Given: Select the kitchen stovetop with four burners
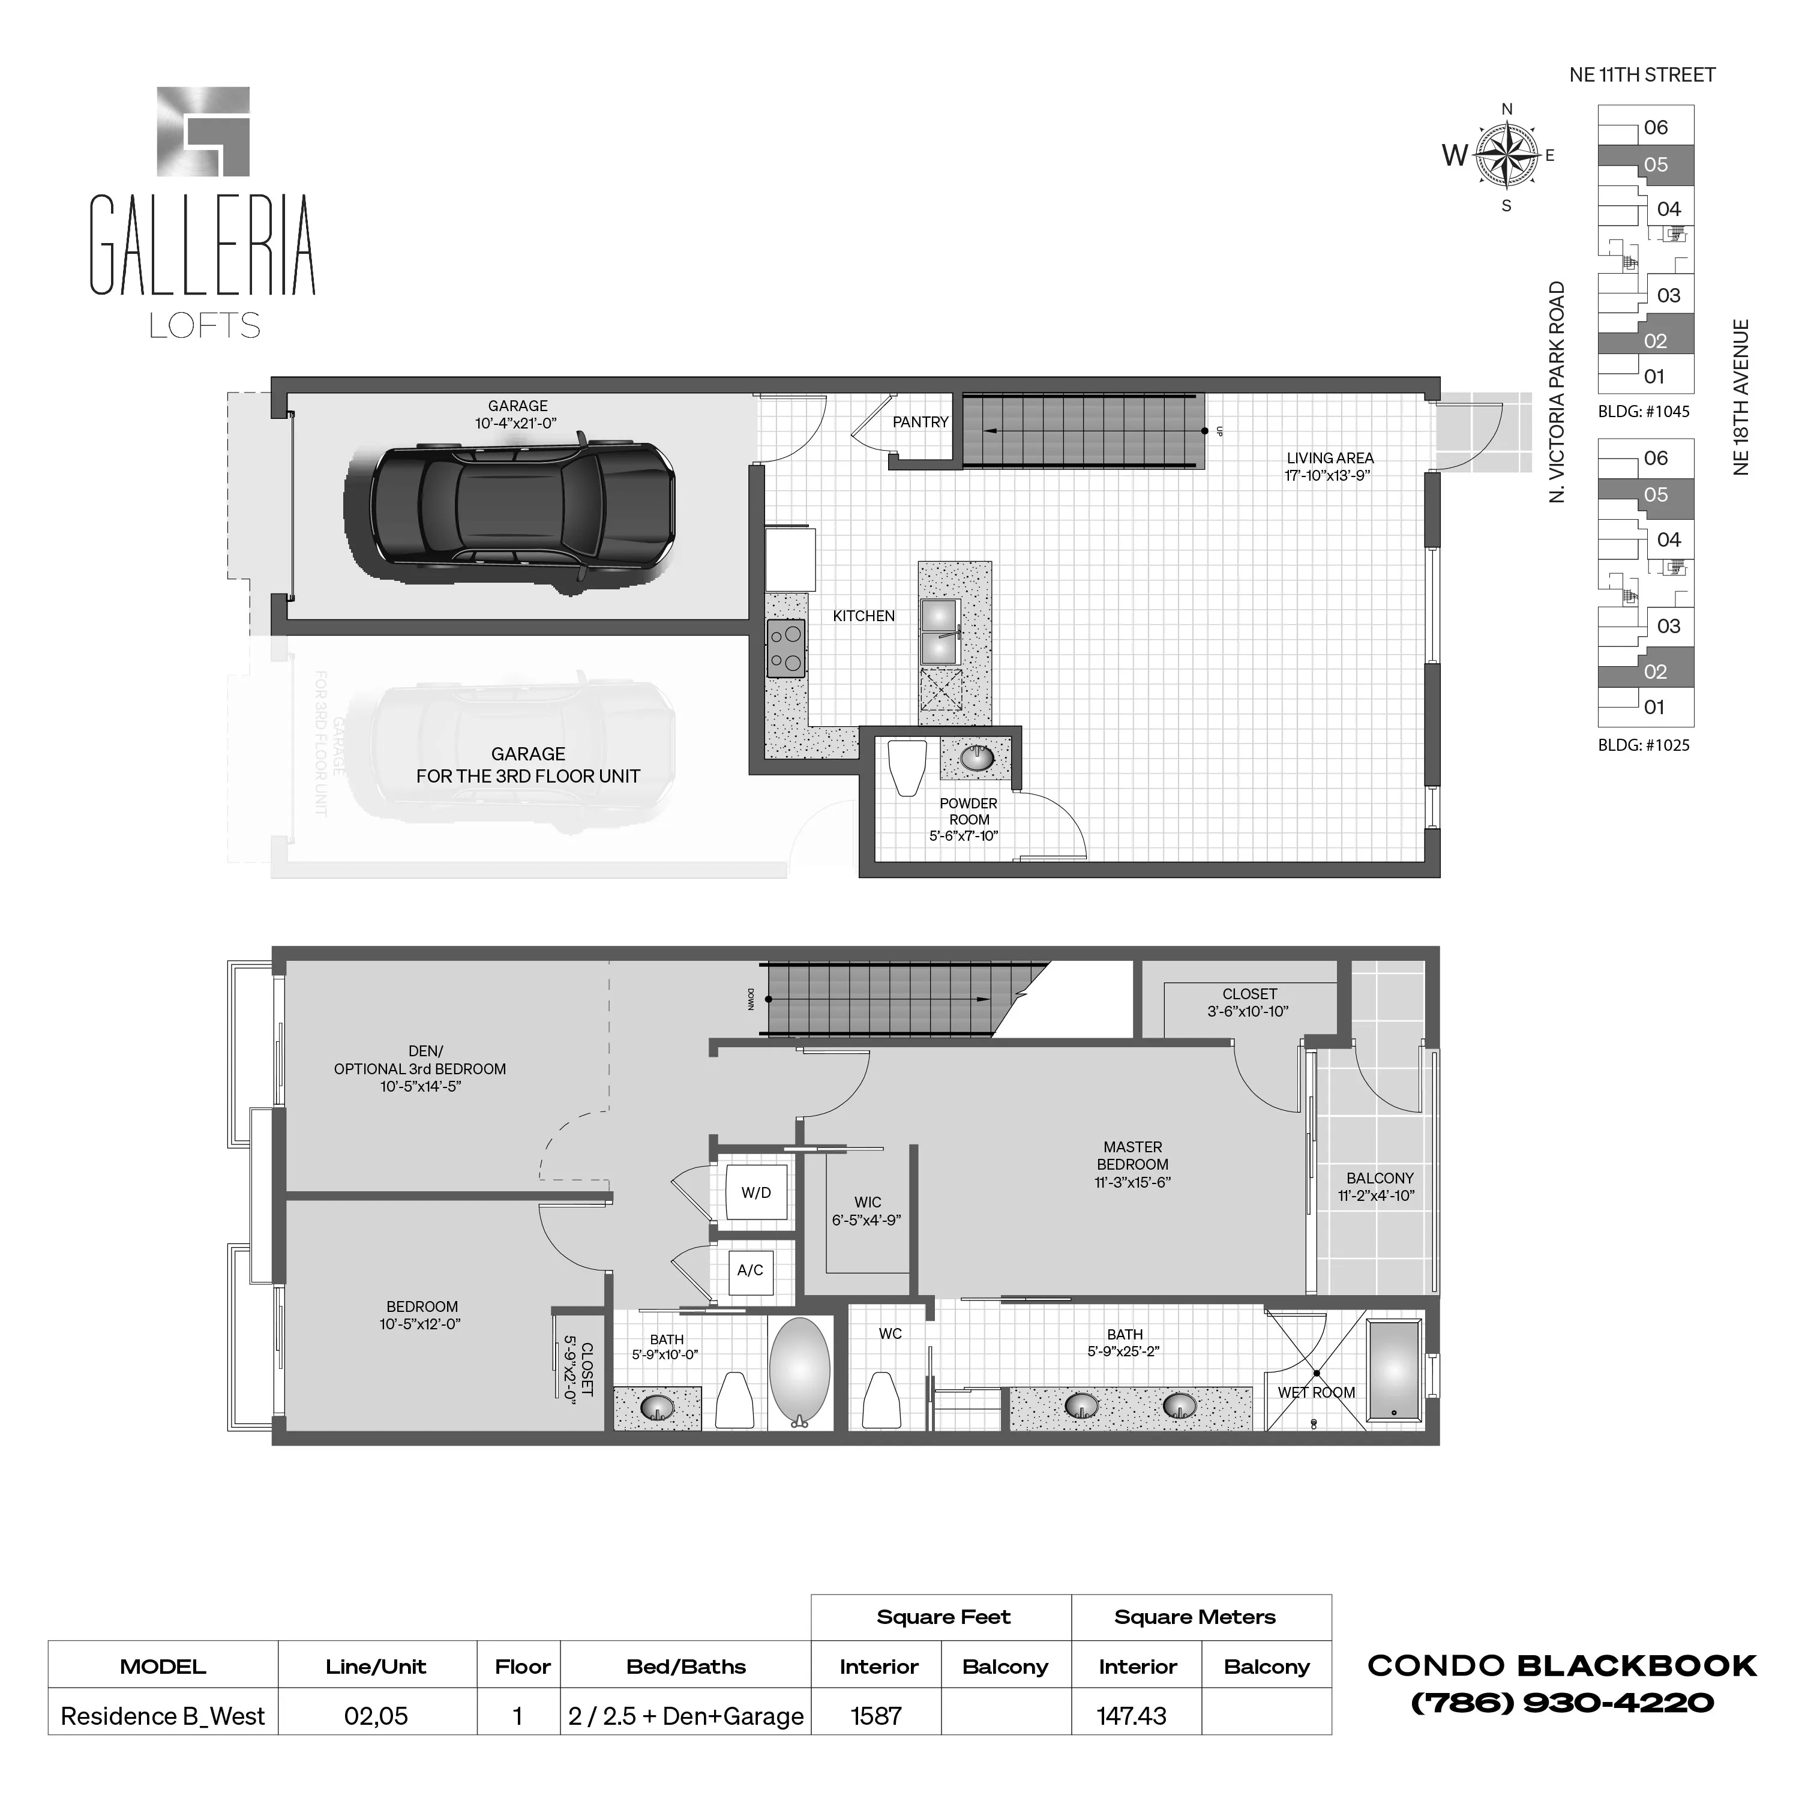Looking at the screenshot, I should coord(785,648).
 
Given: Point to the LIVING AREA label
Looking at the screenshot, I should coord(1330,458).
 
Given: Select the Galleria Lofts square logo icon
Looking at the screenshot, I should coord(203,131).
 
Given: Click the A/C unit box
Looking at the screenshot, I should coord(750,1270).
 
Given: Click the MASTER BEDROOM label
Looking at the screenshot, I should coord(1132,1156).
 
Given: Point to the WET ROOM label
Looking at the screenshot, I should coord(1315,1392).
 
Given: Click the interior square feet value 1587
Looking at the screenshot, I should coord(875,1716).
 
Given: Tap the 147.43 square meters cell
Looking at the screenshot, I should coord(1131,1716).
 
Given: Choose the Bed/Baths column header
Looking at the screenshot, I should coord(686,1667).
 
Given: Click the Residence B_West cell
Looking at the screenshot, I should coord(163,1716).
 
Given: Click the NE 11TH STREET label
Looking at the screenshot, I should coord(1642,75).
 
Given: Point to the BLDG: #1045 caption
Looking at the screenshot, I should coord(1644,411).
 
